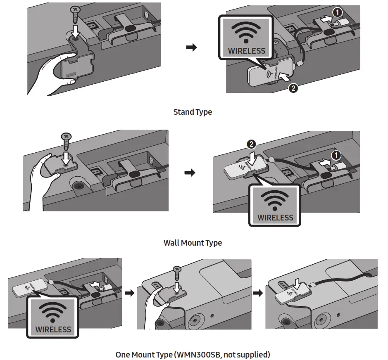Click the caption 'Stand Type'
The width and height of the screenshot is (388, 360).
pos(193,112)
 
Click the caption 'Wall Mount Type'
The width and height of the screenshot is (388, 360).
pos(193,243)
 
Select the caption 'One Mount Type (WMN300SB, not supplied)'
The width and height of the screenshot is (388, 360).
pos(193,354)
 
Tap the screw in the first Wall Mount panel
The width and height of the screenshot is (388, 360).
pos(66,141)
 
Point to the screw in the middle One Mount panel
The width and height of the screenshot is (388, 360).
pos(178,273)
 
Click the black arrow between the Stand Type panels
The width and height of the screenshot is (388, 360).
pos(191,47)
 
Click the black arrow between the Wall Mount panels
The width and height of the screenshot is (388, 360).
pos(190,173)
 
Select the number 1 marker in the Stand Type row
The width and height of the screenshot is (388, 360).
pos(338,13)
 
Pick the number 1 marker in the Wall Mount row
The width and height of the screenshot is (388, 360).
pos(337,154)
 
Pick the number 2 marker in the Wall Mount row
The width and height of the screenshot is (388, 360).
pos(251,144)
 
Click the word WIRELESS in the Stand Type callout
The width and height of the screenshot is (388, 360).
pos(247,51)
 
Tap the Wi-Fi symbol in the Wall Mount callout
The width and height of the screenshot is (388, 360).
pos(275,201)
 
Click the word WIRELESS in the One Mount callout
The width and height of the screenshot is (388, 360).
pos(53,329)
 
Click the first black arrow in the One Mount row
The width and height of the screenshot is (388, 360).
pos(130,293)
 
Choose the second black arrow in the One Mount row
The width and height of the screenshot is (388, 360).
pos(258,293)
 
